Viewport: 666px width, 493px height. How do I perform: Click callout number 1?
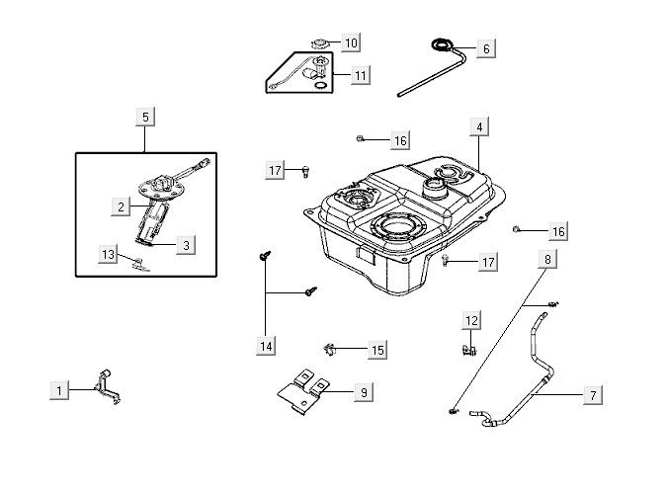point(60,390)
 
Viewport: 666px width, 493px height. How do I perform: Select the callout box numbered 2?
point(122,206)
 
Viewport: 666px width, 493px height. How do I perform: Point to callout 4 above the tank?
point(478,127)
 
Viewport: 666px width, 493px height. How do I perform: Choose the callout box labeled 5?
point(145,118)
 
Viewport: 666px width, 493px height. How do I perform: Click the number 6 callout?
point(486,47)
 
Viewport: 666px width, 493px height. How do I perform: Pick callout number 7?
point(593,395)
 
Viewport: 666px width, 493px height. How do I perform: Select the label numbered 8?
point(546,260)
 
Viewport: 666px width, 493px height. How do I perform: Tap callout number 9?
point(363,392)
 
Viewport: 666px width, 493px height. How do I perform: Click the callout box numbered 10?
point(350,42)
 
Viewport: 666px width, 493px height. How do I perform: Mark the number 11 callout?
point(360,74)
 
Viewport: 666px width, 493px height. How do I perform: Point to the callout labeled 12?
point(471,320)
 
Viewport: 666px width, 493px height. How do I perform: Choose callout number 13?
point(109,254)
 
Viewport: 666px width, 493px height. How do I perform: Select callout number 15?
point(377,350)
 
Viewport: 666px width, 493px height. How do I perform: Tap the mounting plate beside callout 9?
point(305,392)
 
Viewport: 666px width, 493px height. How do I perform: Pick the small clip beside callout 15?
point(332,348)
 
